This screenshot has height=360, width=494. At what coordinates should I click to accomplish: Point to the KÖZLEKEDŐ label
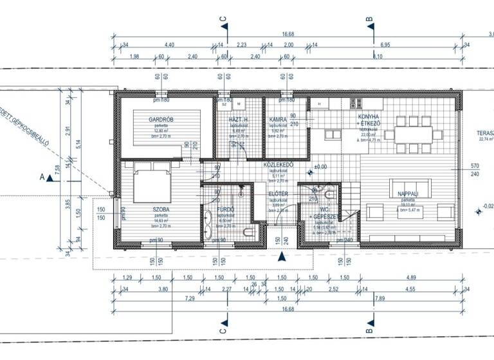coord(279,164)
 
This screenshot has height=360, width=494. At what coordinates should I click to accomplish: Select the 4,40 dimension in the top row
coord(170,44)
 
